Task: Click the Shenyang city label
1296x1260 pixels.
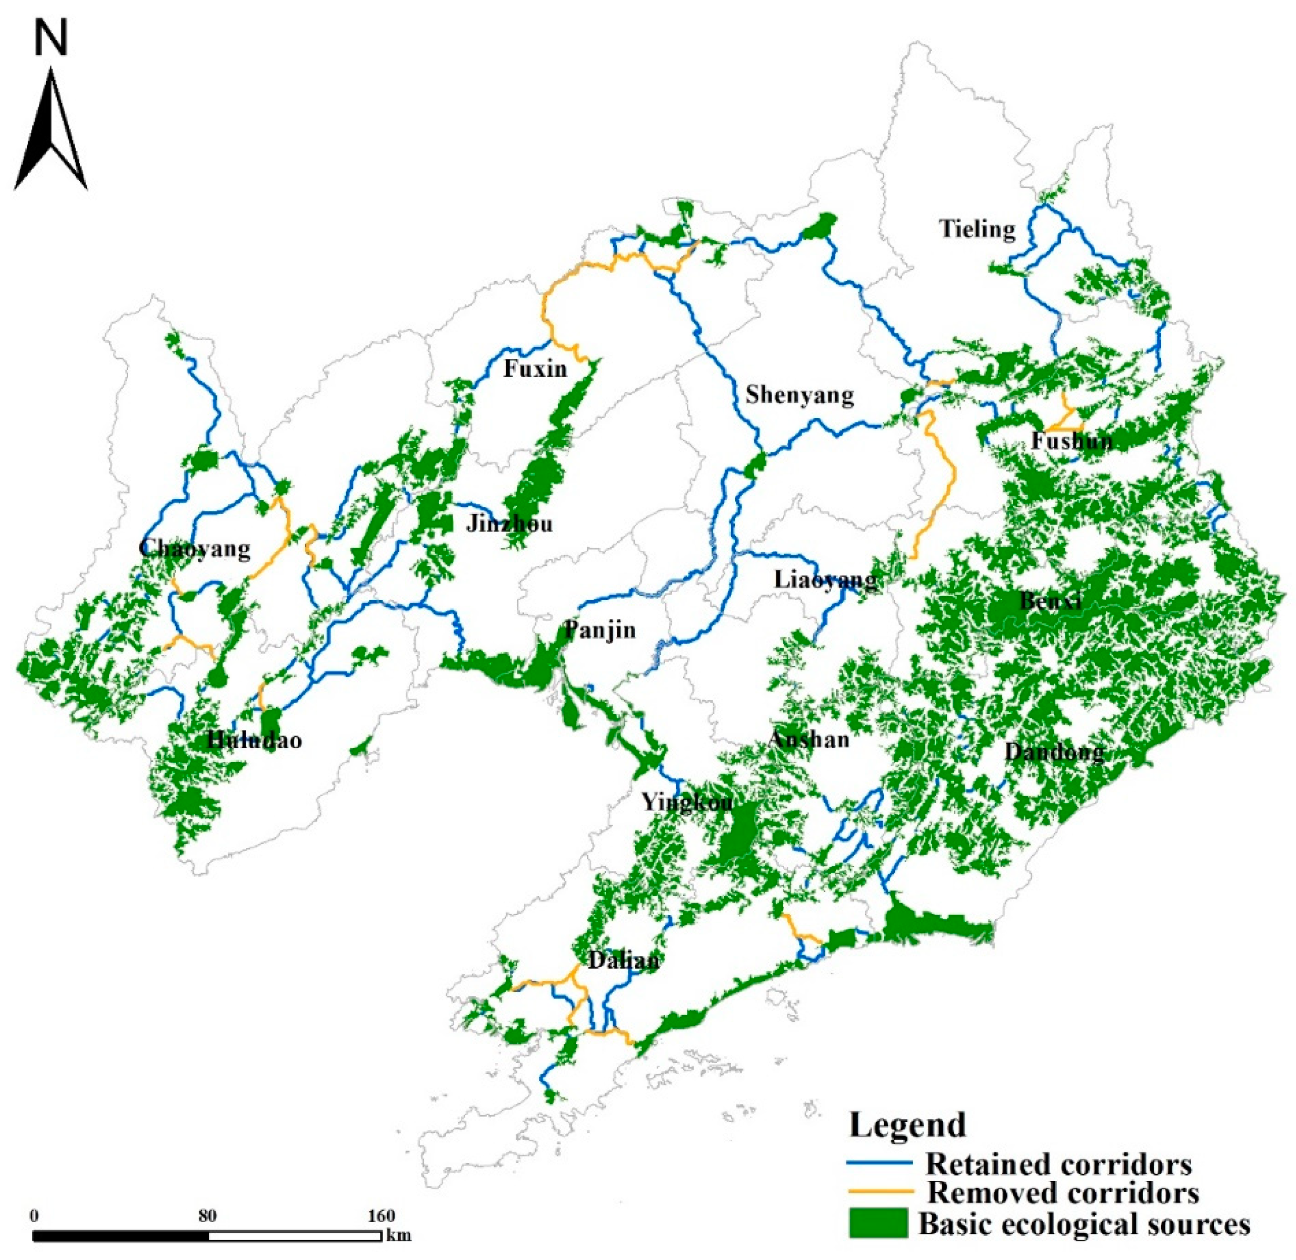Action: tap(799, 395)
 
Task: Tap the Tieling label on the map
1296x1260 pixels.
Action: tap(977, 229)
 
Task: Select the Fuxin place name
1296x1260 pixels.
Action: tap(535, 368)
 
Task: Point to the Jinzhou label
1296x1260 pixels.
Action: tap(509, 524)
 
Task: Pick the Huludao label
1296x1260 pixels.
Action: tap(254, 740)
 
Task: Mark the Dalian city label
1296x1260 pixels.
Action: tap(623, 960)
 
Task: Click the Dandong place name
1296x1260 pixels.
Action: tap(1054, 752)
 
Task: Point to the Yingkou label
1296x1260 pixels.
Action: tap(687, 803)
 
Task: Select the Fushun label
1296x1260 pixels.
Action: tap(1072, 441)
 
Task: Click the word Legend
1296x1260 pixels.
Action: tap(908, 1124)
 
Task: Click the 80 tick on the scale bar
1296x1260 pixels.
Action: tap(207, 1216)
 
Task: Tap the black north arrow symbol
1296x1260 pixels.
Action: tap(51, 132)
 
